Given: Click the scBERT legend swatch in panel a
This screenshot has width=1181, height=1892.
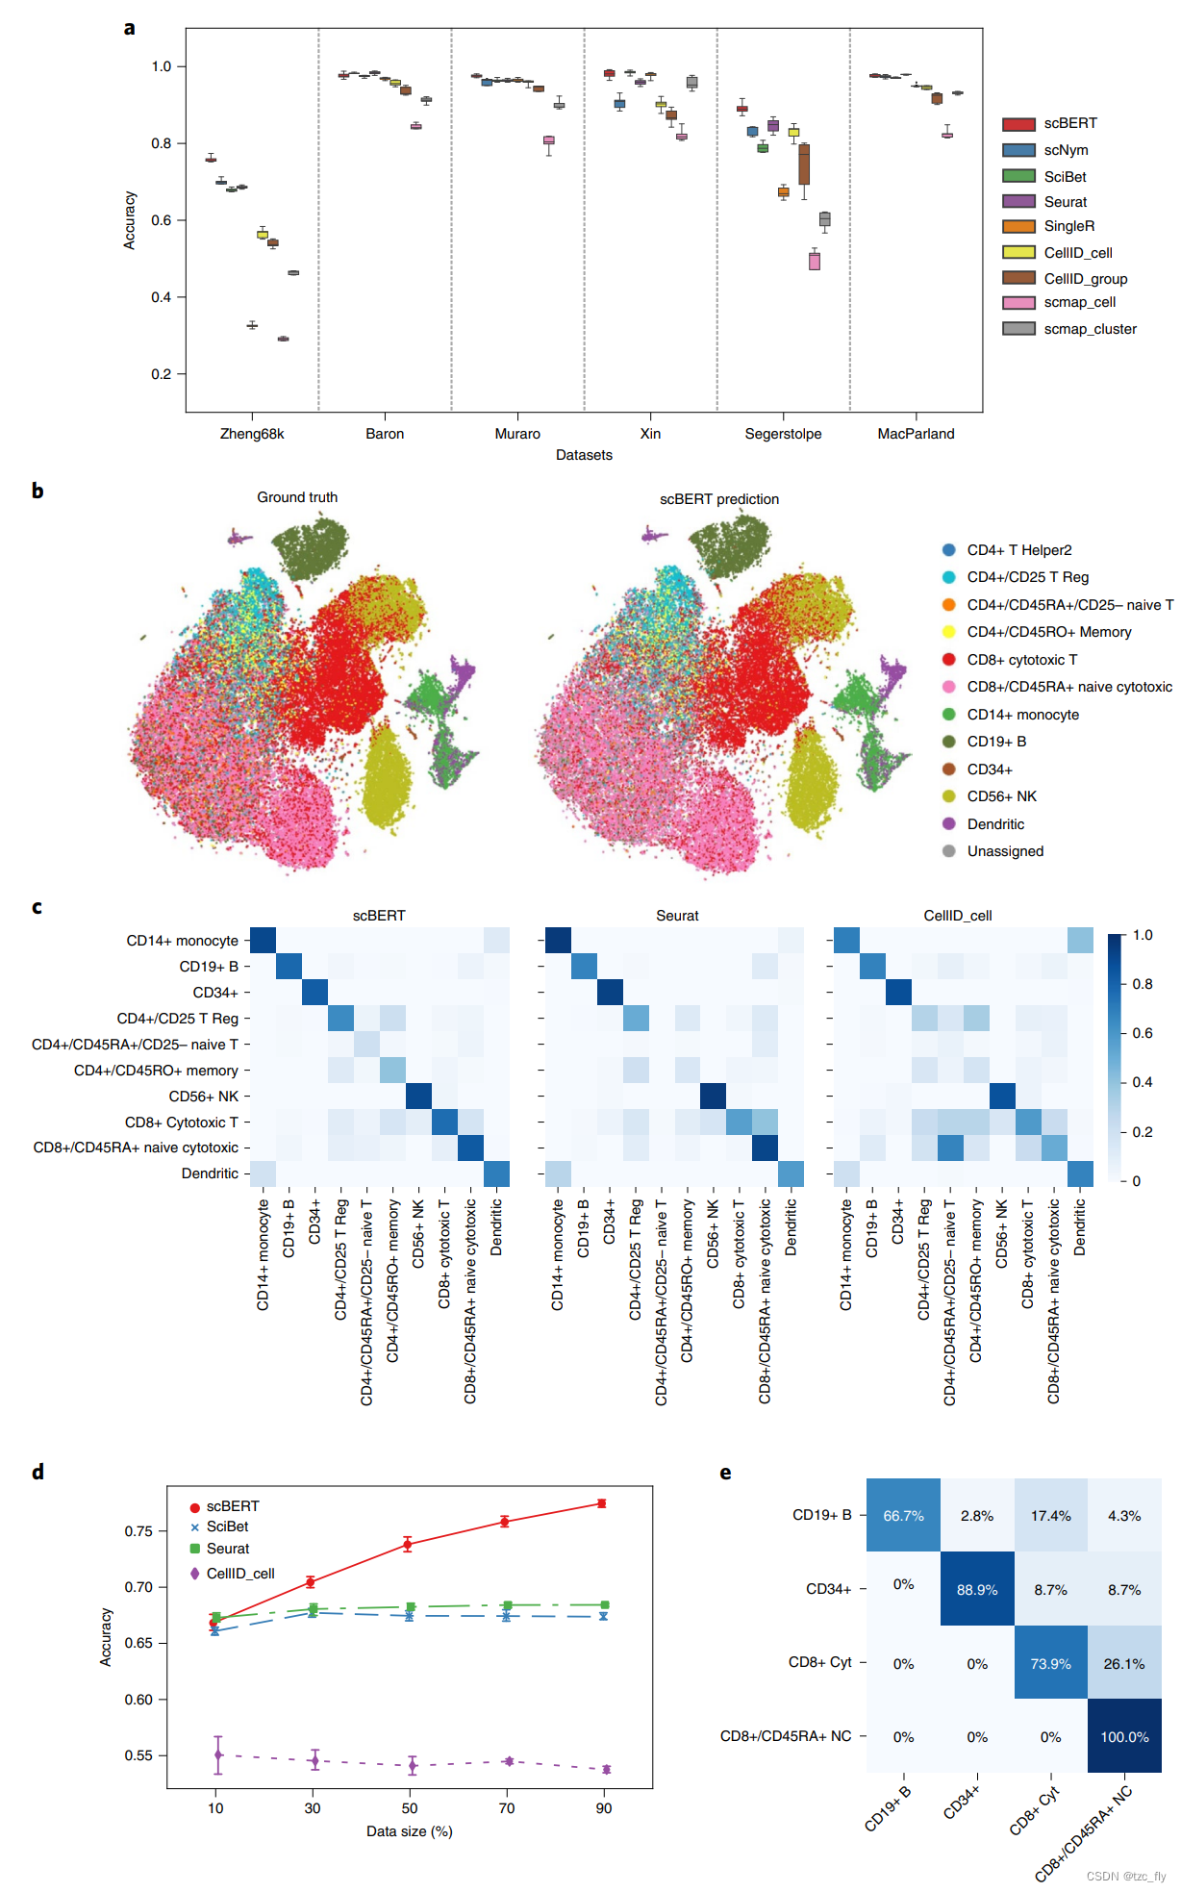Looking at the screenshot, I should [1018, 124].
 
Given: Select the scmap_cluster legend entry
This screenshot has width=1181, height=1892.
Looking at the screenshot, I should [1090, 329].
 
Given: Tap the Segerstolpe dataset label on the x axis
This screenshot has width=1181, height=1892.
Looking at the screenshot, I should [783, 434].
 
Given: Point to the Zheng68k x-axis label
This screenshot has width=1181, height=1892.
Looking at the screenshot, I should [252, 434].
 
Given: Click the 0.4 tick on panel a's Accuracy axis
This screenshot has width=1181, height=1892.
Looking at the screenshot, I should [161, 297].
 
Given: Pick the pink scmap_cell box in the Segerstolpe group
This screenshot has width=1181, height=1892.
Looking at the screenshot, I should [815, 261].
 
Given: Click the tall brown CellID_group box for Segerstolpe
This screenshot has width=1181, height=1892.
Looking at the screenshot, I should [804, 164].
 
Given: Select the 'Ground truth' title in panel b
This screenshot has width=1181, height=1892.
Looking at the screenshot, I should [297, 497].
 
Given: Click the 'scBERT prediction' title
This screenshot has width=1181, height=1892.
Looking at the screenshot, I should [718, 499].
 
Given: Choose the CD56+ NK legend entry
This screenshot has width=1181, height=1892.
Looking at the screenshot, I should [1001, 796].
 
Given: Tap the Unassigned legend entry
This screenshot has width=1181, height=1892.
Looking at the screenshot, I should [1005, 851].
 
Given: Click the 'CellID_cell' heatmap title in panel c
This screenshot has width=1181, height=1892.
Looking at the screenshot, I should [957, 916].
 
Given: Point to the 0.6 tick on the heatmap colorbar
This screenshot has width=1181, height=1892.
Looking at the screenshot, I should [1142, 1033].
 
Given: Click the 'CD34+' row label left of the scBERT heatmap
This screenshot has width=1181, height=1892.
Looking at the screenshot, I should [215, 993].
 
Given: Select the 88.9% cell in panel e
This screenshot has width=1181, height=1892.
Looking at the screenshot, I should [977, 1590].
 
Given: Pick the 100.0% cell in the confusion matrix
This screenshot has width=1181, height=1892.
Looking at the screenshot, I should [1124, 1737].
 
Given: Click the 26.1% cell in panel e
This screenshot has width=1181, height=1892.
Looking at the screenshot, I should [1124, 1664].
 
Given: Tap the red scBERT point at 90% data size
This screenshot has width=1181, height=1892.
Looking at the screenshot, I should [602, 1503].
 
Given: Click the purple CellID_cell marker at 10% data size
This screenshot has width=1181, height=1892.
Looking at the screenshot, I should [218, 1755].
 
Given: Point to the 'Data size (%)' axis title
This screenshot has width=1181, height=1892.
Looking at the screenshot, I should [409, 1831].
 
